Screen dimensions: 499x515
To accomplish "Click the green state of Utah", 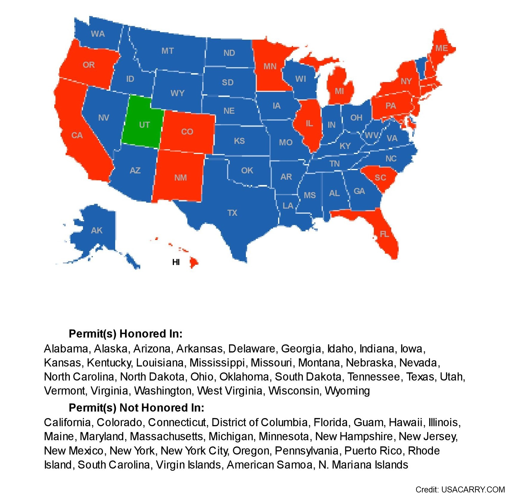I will pyautogui.click(x=142, y=122).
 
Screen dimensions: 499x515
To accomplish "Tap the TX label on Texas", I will pyautogui.click(x=232, y=213).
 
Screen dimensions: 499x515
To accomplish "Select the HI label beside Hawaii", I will pyautogui.click(x=176, y=262).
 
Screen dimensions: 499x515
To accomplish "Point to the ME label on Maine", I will pyautogui.click(x=441, y=48).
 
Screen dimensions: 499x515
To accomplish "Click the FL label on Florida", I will pyautogui.click(x=384, y=234).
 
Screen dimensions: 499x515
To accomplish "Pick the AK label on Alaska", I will pyautogui.click(x=97, y=230).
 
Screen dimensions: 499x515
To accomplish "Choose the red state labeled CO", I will pyautogui.click(x=187, y=132).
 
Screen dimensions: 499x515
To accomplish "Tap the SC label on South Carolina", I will pyautogui.click(x=380, y=178).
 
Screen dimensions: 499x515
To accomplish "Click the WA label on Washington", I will pyautogui.click(x=98, y=34).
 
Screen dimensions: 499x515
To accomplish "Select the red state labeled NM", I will pyautogui.click(x=180, y=178).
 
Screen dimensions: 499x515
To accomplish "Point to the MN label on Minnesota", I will pyautogui.click(x=270, y=66).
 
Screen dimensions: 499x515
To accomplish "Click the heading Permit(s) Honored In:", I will pyautogui.click(x=125, y=334).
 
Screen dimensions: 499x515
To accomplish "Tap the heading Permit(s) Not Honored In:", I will pyautogui.click(x=136, y=408).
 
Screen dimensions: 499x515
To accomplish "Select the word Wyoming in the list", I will pyautogui.click(x=347, y=391).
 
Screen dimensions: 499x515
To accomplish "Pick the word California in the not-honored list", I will pyautogui.click(x=67, y=422).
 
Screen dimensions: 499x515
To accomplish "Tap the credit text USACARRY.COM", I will pyautogui.click(x=473, y=490).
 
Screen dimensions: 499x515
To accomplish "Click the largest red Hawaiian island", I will pyautogui.click(x=194, y=263).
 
